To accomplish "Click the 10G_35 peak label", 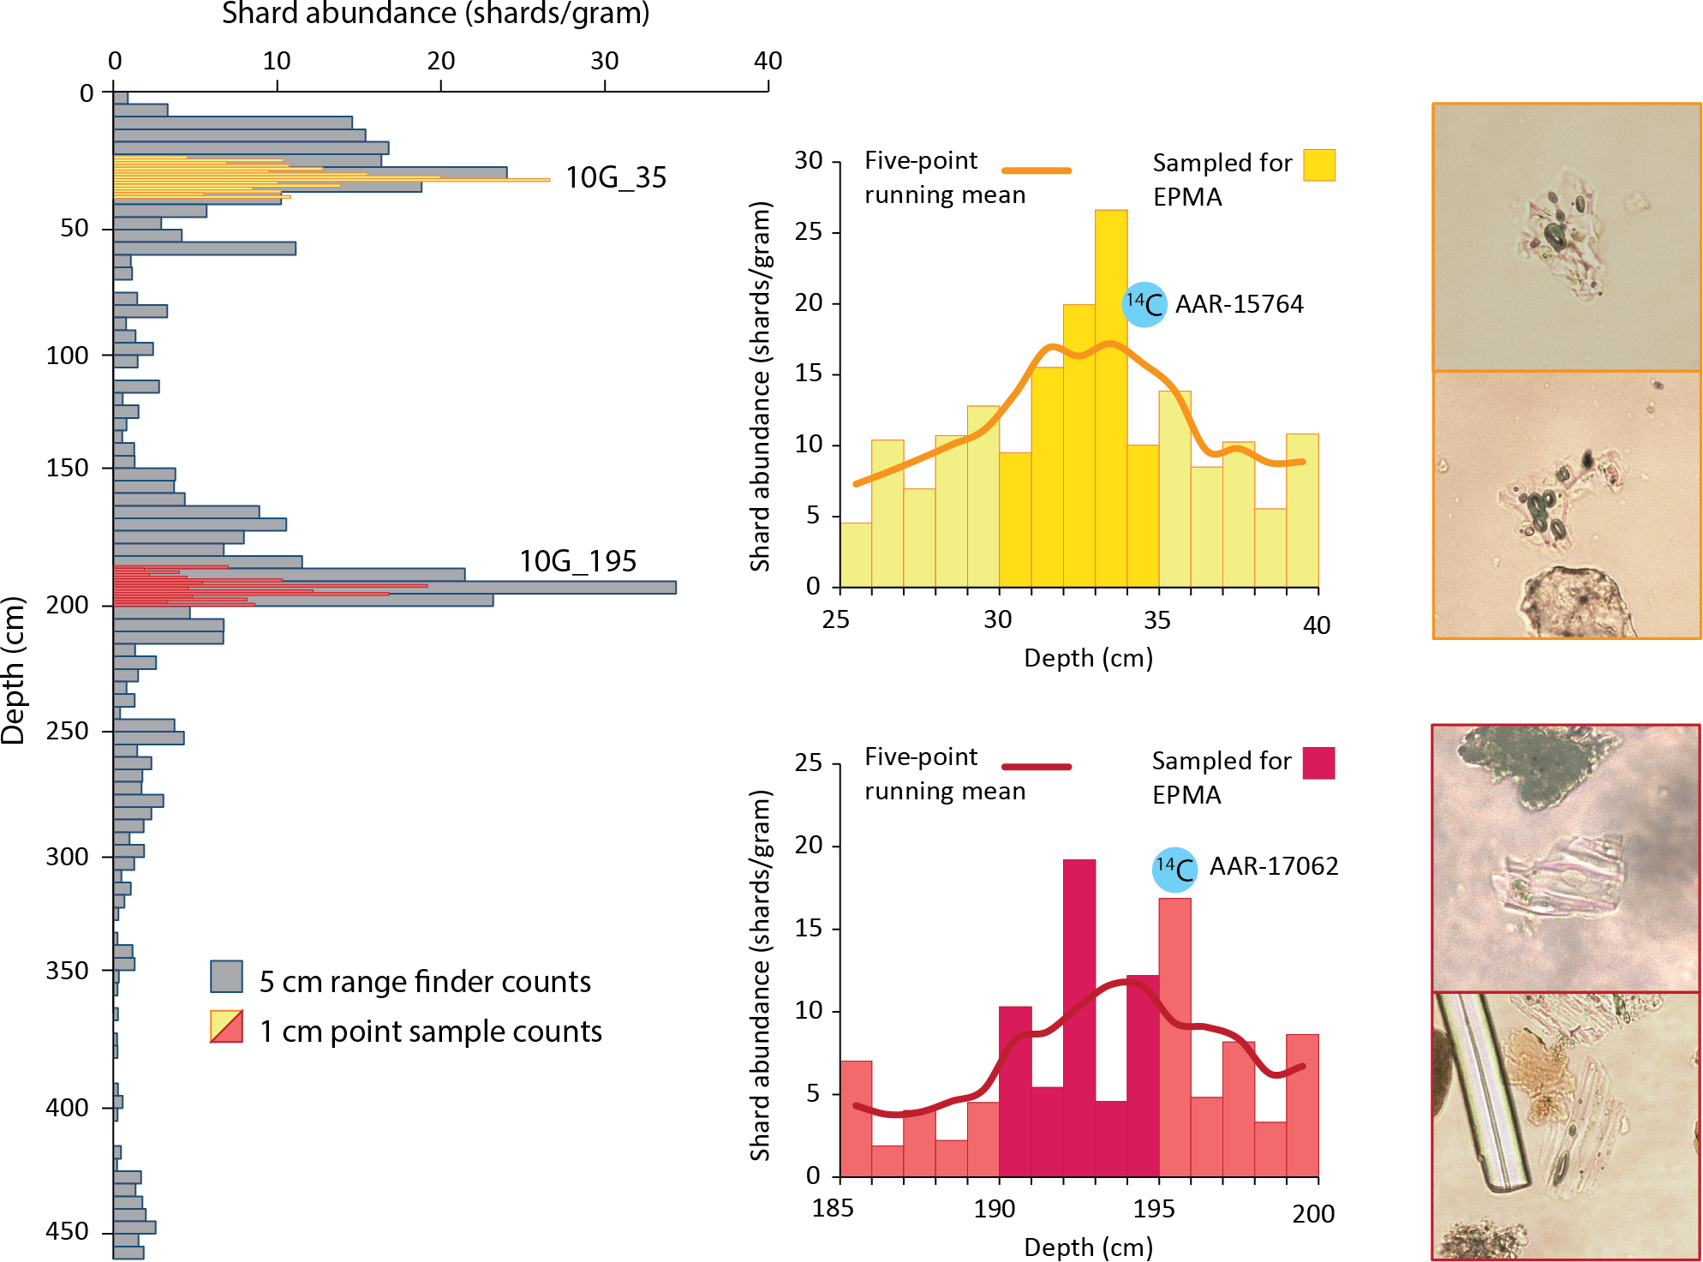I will click(615, 177).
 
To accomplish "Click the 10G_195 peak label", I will click(577, 561).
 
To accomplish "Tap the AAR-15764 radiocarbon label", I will click(1239, 304).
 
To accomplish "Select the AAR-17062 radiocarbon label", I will click(1273, 866).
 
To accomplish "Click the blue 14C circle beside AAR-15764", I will click(1144, 304).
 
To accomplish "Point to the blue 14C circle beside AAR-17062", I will click(1174, 869).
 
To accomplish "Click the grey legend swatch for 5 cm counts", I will click(226, 977).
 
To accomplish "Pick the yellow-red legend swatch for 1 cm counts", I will click(226, 1026).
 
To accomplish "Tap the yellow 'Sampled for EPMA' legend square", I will click(1318, 164).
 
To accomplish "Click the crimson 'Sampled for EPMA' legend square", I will click(1318, 763).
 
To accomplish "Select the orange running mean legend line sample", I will click(1037, 170).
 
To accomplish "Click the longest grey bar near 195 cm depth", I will click(394, 588).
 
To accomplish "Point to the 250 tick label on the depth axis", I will click(67, 731).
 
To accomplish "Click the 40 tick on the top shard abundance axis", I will click(768, 61).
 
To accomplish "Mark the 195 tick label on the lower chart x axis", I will click(1153, 1209).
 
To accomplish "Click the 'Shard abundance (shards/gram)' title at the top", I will click(435, 14).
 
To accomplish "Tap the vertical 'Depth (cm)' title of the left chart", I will click(13, 670).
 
